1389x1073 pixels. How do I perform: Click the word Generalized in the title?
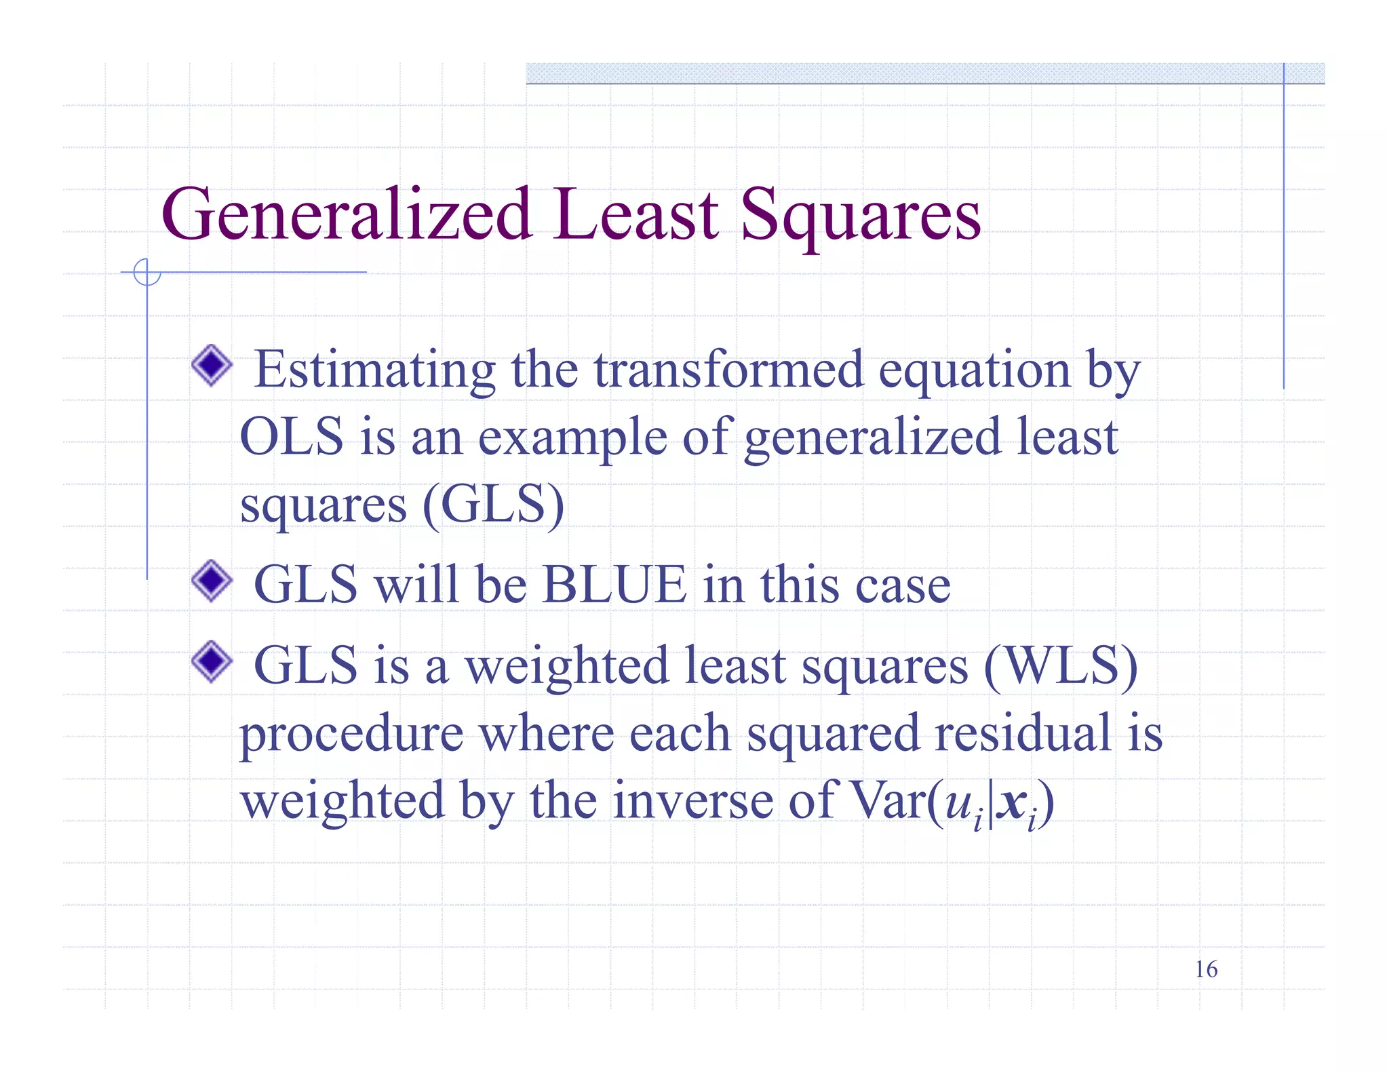(346, 216)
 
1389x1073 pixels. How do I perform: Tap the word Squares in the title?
(860, 216)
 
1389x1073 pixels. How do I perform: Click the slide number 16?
(1206, 969)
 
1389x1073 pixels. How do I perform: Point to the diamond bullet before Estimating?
(212, 366)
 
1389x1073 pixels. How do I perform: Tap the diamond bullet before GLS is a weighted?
(212, 661)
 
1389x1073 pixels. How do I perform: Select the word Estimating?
(374, 370)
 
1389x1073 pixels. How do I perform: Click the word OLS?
(292, 437)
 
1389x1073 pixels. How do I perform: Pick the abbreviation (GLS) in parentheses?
(493, 505)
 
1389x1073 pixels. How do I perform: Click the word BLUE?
(614, 585)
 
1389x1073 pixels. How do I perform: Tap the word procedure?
(352, 735)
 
